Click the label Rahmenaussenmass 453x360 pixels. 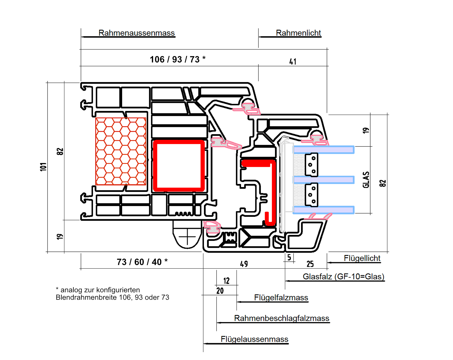pos(137,33)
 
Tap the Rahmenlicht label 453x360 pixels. pos(298,33)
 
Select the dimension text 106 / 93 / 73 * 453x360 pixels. pos(177,59)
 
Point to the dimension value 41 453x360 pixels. pos(293,62)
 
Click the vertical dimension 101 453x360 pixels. pos(44,167)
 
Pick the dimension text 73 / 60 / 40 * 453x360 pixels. pos(142,262)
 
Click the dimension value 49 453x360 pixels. pos(244,264)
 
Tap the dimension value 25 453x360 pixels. pos(310,264)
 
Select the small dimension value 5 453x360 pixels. pos(289,257)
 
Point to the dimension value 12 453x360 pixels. pos(226,281)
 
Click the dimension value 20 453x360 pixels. pos(220,291)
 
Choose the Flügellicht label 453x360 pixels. pos(362,258)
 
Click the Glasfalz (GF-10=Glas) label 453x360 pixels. pos(343,277)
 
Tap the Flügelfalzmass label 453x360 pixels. pos(281,298)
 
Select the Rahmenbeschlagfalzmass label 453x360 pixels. pos(282,318)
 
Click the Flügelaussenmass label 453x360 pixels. pos(254,339)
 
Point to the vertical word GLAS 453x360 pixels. pos(366,180)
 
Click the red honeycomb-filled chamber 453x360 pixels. pos(121,151)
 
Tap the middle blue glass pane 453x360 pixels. pos(324,180)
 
